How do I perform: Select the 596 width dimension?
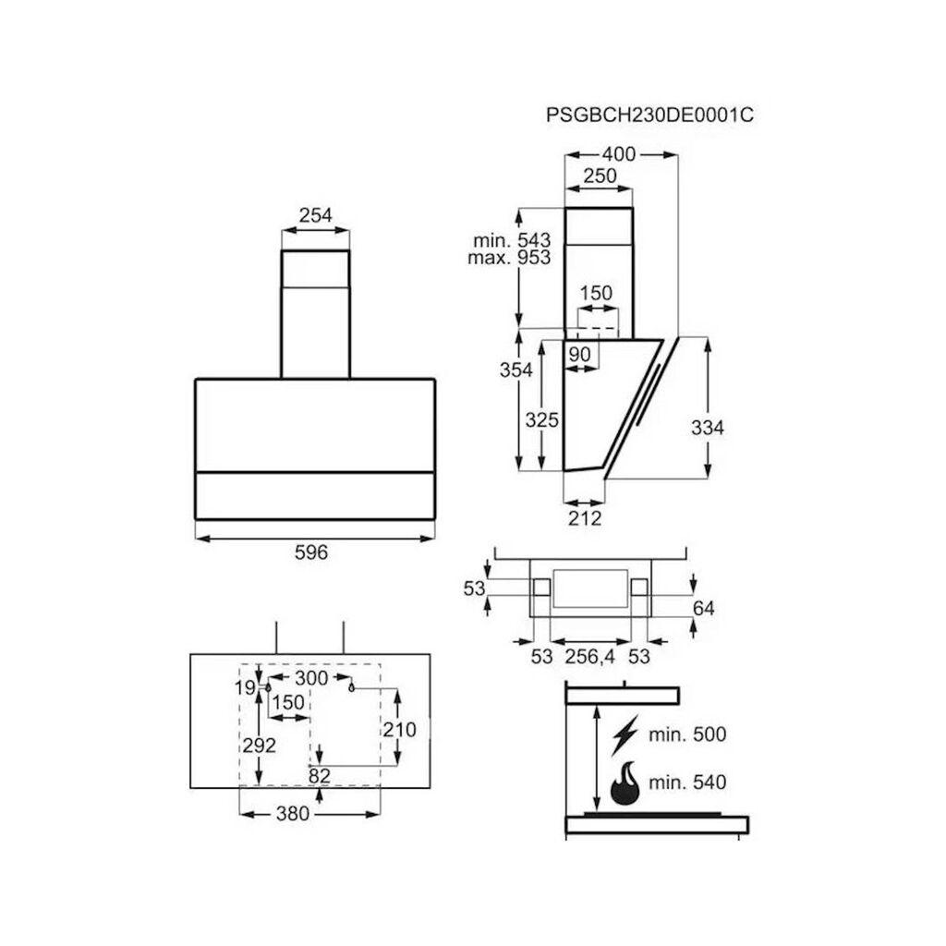click(x=311, y=552)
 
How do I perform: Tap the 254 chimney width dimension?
click(x=315, y=215)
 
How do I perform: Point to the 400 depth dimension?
click(x=618, y=154)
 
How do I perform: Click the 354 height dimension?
click(x=516, y=370)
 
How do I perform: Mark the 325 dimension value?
click(x=542, y=420)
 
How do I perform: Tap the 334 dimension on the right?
click(x=707, y=428)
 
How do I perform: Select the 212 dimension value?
click(x=584, y=517)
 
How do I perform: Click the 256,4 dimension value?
click(x=591, y=657)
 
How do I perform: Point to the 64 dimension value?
click(x=704, y=608)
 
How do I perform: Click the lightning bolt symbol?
click(x=625, y=734)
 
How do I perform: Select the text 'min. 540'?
click(x=686, y=783)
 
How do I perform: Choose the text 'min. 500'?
click(x=686, y=734)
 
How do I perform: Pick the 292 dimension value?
click(x=260, y=746)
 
